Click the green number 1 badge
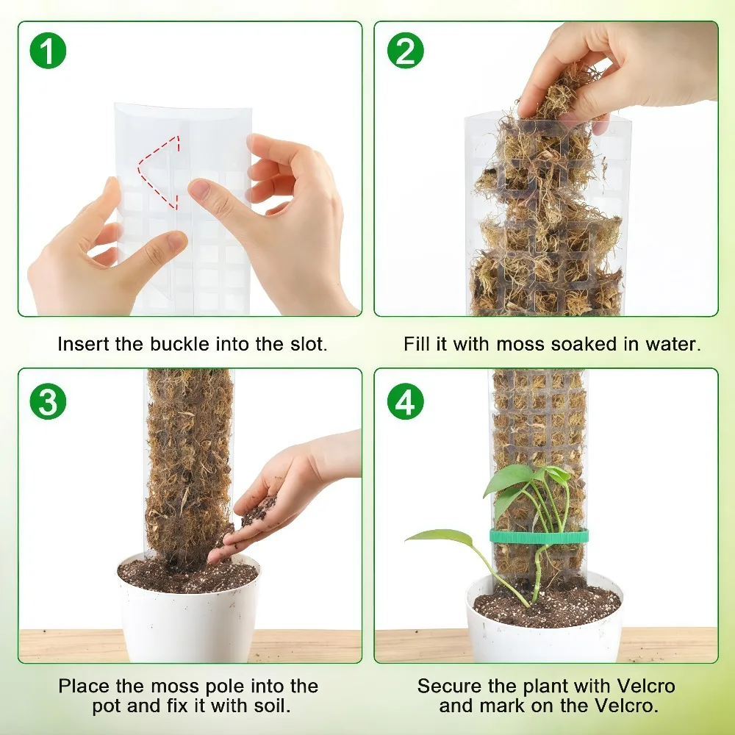click(x=48, y=51)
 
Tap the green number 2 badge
click(x=406, y=51)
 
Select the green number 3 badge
click(x=48, y=401)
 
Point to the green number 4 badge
click(x=406, y=401)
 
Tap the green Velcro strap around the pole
click(x=539, y=536)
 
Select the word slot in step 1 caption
click(x=308, y=344)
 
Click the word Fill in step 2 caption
click(x=417, y=344)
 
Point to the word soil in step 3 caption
click(x=273, y=706)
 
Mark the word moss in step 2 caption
click(x=520, y=344)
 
